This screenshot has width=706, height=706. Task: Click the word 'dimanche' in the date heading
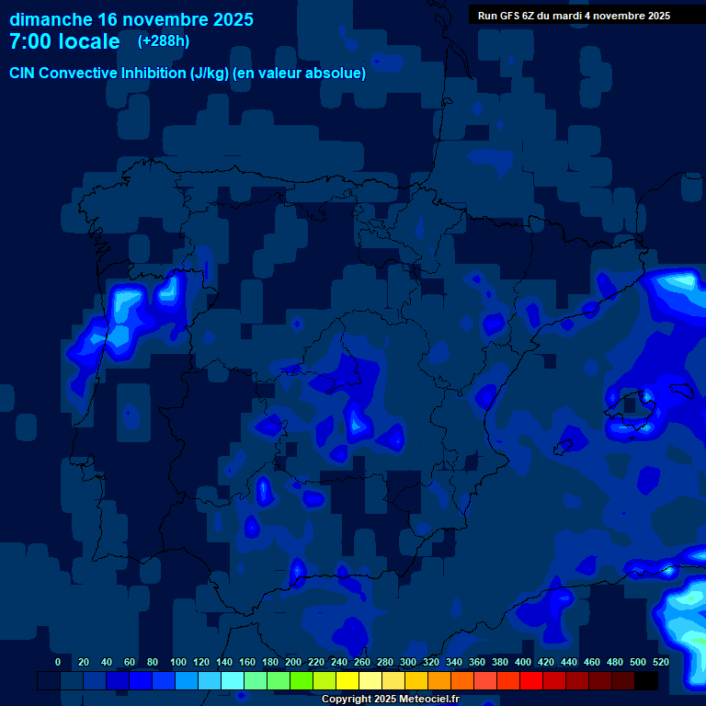click(51, 19)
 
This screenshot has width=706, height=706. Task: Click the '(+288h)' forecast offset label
click(163, 40)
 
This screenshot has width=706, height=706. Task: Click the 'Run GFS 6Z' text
click(506, 16)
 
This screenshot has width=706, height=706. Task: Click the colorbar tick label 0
click(58, 662)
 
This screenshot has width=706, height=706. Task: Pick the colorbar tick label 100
click(178, 662)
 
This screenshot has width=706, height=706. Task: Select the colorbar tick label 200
click(293, 662)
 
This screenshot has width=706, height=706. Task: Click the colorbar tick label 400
click(523, 662)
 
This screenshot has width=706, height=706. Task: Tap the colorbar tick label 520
click(661, 662)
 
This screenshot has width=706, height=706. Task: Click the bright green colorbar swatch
click(302, 680)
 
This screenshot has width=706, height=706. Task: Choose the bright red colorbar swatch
click(531, 680)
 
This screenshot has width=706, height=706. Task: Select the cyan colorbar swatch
click(233, 680)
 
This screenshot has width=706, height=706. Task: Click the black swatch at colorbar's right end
click(646, 680)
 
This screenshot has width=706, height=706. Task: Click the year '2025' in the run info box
click(656, 16)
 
